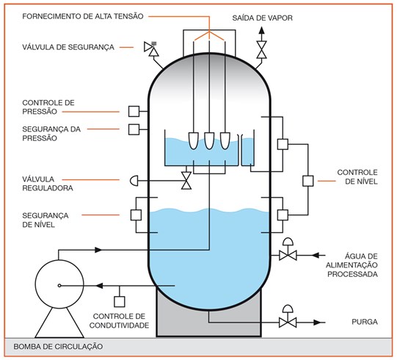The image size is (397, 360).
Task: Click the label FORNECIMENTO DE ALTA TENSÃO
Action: coord(83,16)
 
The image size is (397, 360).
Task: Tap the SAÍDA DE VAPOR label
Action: coord(262,18)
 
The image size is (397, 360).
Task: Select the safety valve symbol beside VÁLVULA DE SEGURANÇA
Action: coord(151,48)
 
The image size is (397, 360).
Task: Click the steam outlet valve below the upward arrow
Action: coord(262,50)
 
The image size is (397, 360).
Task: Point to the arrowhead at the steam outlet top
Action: coord(262,31)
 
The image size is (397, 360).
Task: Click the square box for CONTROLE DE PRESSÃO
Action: coord(134,111)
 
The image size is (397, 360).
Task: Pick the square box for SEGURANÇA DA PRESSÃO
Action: coord(134,129)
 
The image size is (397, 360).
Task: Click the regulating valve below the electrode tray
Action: coord(186,181)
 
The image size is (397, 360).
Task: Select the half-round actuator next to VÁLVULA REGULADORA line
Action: coord(134,181)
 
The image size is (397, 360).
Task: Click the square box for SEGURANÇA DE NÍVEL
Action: coord(136,215)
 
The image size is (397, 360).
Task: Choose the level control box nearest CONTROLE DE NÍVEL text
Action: coord(308,181)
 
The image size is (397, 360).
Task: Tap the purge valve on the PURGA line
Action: coord(288,318)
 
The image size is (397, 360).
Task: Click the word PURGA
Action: coord(365,322)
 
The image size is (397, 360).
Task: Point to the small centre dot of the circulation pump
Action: coord(59,286)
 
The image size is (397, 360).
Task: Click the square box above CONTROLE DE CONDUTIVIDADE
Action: coord(120,302)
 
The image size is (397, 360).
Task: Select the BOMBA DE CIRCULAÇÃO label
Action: coord(58,346)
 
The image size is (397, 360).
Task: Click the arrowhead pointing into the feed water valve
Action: coord(315,255)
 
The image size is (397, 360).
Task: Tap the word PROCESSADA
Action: coord(352,274)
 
